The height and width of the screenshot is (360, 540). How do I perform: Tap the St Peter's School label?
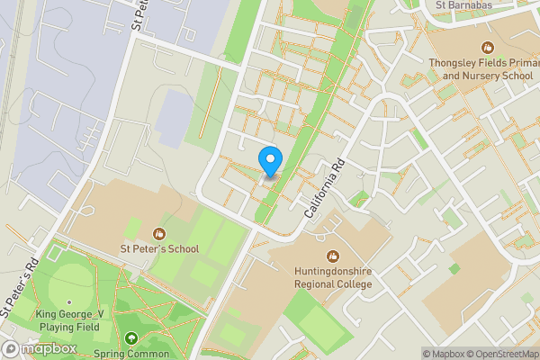[x=160, y=248]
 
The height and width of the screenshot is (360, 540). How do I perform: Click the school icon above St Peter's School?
[x=160, y=233]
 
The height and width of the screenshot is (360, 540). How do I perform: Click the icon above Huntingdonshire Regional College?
[x=332, y=256]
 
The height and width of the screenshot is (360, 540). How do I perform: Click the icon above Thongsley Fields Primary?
[x=487, y=47]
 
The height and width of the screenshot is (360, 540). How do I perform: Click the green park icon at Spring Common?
[x=132, y=339]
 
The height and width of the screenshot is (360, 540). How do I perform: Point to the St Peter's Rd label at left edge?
[x=18, y=289]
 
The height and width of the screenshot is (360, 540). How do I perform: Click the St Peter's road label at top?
[x=139, y=13]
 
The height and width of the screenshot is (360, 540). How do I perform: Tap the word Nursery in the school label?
[x=484, y=76]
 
